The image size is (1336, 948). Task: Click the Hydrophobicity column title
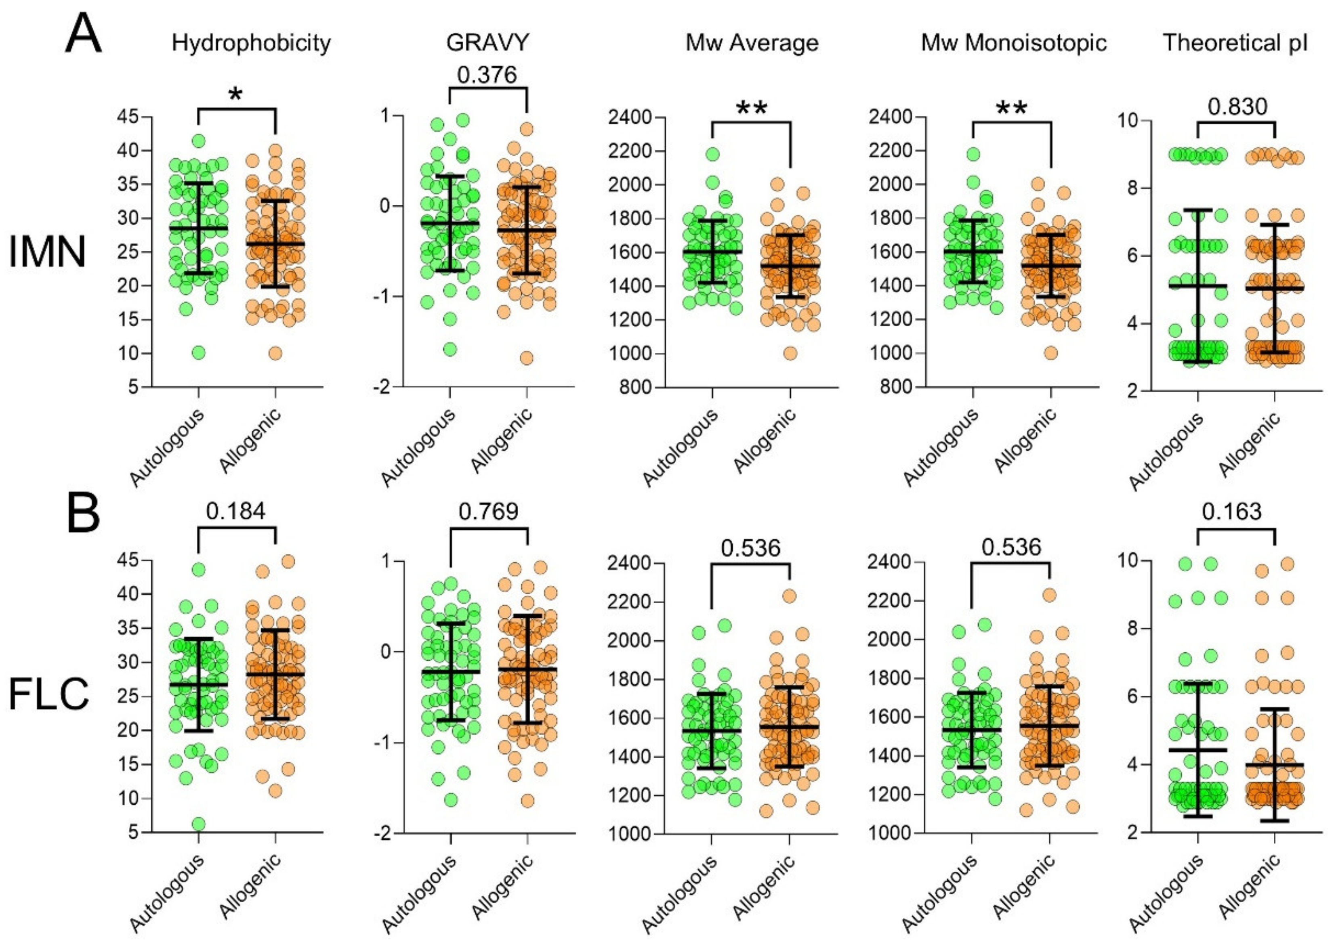[x=251, y=44]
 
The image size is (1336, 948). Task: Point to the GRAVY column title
[x=487, y=43]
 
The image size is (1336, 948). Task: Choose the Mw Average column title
[x=752, y=43]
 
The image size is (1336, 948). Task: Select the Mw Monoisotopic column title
[x=1014, y=43]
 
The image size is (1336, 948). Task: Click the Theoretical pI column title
[x=1235, y=43]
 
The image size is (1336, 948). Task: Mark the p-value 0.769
[x=488, y=512]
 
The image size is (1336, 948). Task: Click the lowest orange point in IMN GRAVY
[x=527, y=358]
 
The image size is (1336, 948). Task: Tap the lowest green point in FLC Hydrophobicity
[x=199, y=824]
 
